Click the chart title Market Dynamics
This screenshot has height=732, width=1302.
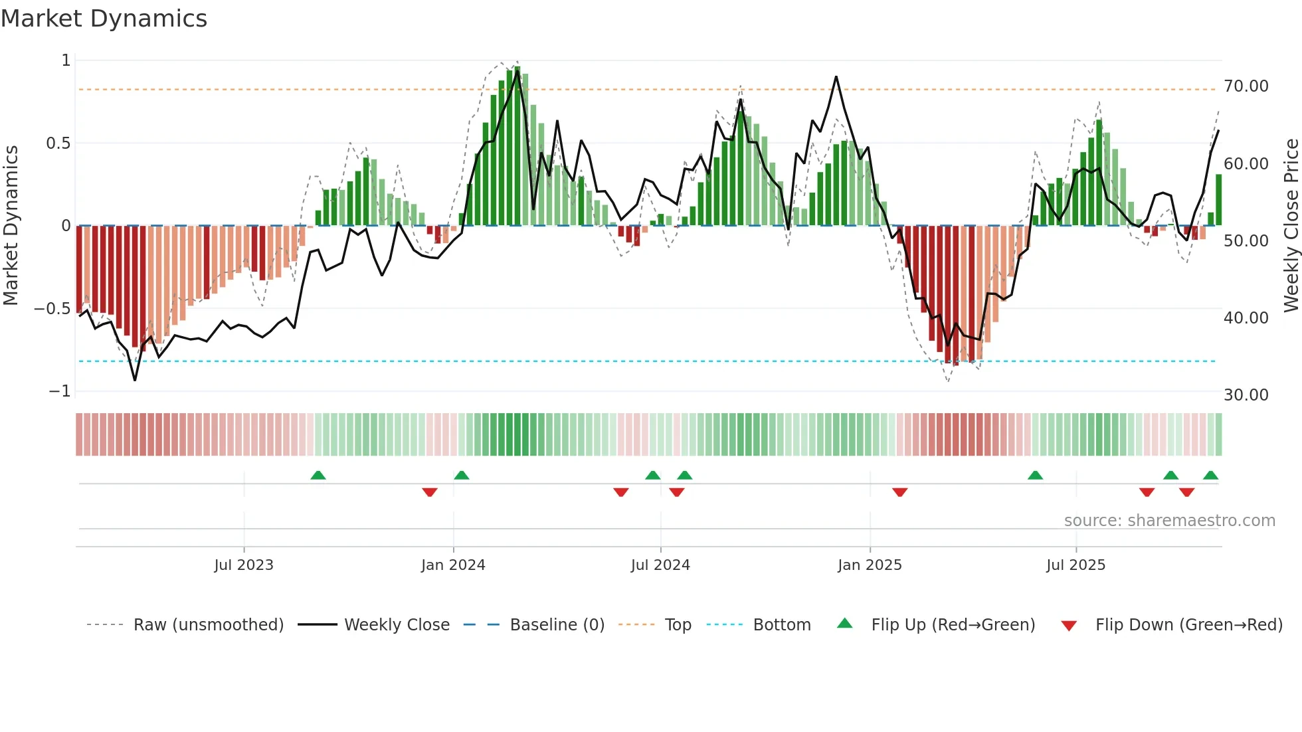104,19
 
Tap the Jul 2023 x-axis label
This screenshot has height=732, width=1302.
244,565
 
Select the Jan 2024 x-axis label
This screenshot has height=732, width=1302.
453,565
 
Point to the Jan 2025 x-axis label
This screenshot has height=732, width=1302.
870,565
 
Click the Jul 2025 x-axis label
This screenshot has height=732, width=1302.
1075,565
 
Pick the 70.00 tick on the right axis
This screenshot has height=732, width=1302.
1246,86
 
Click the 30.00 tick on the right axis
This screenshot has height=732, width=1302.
1246,395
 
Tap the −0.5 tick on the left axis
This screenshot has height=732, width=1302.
52,309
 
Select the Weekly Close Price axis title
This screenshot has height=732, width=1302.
1291,226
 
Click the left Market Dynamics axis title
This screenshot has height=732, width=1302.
11,226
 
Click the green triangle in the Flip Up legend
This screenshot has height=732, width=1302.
844,624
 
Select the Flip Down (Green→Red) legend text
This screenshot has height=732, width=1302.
1188,625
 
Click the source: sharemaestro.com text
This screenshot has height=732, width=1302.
1169,521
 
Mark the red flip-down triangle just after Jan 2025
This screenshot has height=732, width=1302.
899,492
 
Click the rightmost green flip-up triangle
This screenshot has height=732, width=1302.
1210,475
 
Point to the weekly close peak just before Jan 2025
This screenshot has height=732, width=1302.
836,77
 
